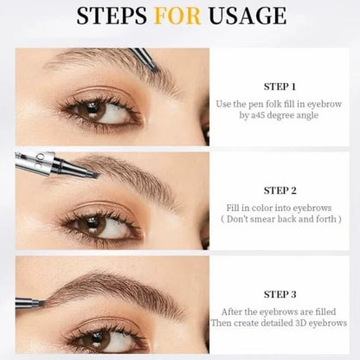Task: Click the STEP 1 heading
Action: point(280,87)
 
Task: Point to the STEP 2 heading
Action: point(280,190)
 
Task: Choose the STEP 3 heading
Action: point(280,293)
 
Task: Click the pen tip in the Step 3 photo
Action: point(43,302)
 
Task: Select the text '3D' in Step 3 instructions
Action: point(299,323)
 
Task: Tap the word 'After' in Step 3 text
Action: point(235,311)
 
